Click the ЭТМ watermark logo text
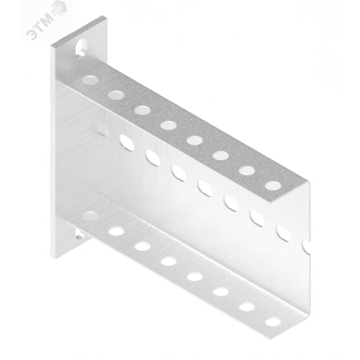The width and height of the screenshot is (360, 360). [x=40, y=27]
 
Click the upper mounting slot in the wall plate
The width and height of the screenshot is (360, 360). [x=81, y=48]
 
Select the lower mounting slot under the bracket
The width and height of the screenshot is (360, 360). [x=81, y=235]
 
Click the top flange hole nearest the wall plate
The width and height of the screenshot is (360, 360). [x=90, y=80]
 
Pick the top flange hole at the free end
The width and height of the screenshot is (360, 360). [x=273, y=185]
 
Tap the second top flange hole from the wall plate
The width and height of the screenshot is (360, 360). [x=116, y=95]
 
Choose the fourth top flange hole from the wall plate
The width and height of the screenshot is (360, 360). [x=168, y=125]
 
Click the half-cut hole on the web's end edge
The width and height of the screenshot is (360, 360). [x=306, y=247]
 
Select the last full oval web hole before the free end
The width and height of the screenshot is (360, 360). [x=284, y=234]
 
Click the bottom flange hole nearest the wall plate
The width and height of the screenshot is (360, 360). [x=90, y=216]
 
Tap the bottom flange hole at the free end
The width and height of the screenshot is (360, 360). [x=273, y=322]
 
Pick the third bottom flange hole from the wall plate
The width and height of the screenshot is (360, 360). [x=142, y=247]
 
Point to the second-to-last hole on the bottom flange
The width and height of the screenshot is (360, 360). [x=247, y=306]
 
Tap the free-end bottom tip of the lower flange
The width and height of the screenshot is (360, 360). [x=270, y=339]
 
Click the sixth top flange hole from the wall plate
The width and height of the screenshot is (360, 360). [x=221, y=155]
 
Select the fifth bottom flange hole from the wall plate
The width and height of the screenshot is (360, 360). [x=194, y=277]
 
